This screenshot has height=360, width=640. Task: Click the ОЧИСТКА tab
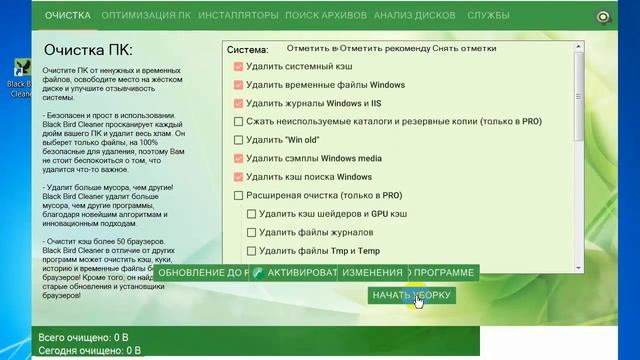coord(68,16)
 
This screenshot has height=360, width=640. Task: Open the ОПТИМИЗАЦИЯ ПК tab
coord(146,16)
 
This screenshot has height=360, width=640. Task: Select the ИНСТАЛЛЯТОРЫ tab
coord(238,16)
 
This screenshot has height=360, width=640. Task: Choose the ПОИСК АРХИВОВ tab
coord(326,16)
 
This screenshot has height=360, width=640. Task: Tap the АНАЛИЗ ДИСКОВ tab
coord(414,16)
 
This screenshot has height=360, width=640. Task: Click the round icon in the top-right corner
coord(603,16)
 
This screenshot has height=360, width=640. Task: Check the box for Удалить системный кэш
coord(238,67)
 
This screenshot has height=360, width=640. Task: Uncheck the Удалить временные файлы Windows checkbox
coord(238,85)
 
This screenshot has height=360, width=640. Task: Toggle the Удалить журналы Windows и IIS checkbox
coord(238,103)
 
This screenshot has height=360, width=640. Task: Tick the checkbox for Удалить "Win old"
coord(238,140)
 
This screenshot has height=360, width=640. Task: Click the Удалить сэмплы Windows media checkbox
coord(238,158)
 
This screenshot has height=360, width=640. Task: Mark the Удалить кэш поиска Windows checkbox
coord(238,177)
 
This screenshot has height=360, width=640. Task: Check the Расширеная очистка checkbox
coord(238,195)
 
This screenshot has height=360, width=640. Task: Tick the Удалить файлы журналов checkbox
coord(251,232)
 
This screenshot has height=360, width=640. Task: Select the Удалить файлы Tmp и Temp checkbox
coord(251,251)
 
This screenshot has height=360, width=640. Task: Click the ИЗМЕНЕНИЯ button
coord(371,273)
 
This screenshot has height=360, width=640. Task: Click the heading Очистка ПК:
coord(89,50)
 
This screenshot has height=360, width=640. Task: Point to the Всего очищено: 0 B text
coord(84,338)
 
